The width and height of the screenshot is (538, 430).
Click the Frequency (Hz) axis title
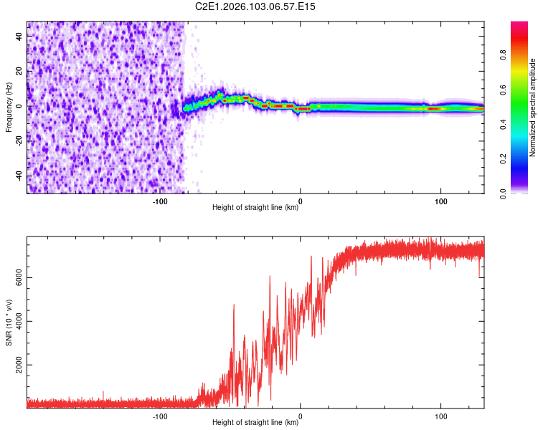click(9, 107)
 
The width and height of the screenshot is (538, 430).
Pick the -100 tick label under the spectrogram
click(160, 201)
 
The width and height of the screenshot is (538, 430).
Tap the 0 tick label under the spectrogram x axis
click(301, 201)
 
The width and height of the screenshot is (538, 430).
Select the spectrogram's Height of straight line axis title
click(255, 208)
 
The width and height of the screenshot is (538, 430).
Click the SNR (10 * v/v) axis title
click(9, 322)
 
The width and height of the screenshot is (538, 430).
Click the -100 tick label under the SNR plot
click(160, 416)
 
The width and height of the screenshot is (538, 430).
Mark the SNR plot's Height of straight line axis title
click(255, 423)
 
